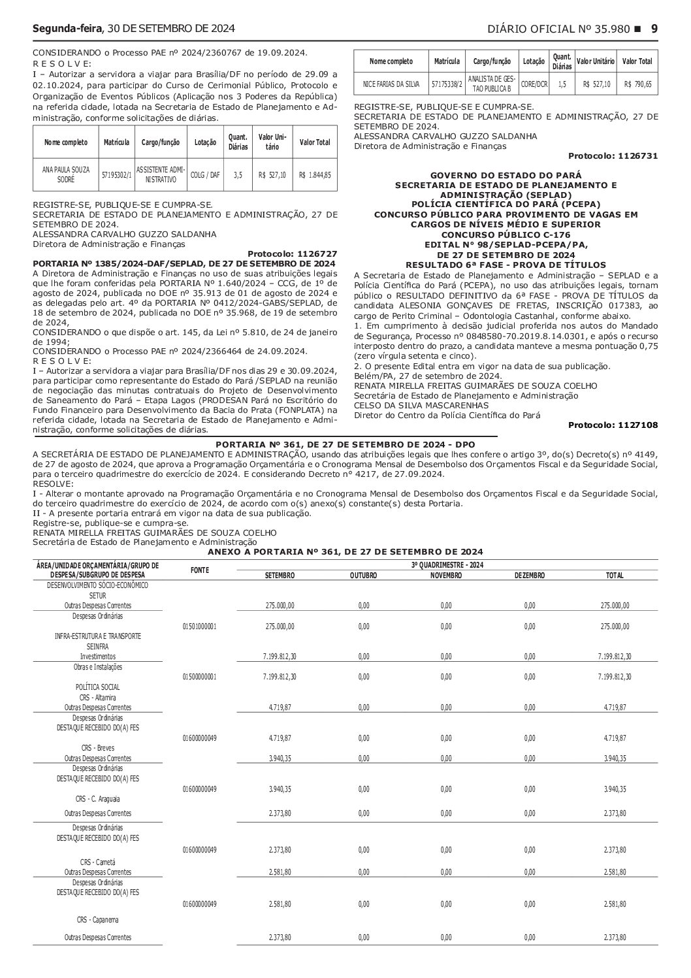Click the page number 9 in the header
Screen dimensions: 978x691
654,29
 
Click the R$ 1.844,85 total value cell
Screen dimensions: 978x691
315,175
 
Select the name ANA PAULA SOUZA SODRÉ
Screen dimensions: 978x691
65,174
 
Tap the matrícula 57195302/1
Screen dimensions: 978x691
117,175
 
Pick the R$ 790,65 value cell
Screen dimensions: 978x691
637,84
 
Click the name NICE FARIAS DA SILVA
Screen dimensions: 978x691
391,84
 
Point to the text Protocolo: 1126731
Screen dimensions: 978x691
613,156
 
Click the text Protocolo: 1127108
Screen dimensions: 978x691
613,425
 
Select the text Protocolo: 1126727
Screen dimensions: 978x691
293,253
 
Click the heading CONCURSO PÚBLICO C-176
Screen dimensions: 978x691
506,235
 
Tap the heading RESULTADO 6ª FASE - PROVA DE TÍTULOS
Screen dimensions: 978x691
506,265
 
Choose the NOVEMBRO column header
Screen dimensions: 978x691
446,576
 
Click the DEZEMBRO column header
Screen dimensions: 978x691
529,576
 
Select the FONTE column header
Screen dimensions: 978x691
199,570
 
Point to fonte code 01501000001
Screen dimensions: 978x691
199,626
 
